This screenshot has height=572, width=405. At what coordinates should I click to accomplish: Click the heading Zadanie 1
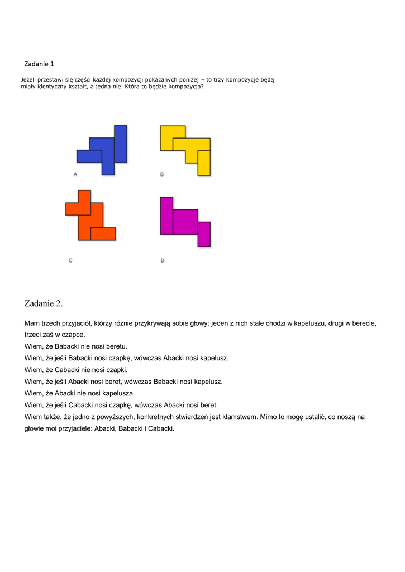pos(39,64)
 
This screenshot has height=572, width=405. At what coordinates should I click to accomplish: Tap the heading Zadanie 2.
pos(44,303)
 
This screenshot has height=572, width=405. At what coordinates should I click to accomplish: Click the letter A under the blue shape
pos(75,174)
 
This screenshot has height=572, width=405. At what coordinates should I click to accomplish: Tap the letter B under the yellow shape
pos(162,174)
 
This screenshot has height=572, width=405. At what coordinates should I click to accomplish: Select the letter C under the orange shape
pos(70,260)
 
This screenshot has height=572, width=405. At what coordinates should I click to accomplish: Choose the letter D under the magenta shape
pos(163,260)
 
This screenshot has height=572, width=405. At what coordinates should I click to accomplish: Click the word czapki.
pos(115,370)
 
